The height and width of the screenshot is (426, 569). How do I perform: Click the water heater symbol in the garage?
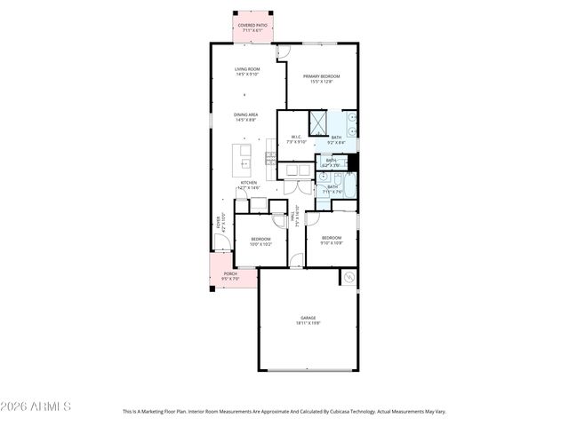349,278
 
